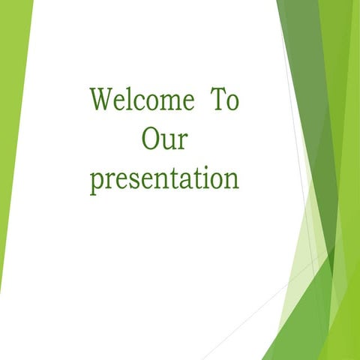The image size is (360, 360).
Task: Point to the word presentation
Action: pos(164,179)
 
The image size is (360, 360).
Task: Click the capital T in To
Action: pos(215,100)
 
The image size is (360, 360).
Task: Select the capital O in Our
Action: pos(149,139)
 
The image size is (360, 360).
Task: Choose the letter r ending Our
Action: pos(183,142)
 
